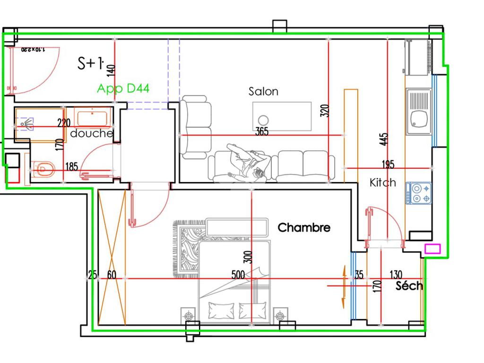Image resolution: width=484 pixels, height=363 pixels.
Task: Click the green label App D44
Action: point(123,88)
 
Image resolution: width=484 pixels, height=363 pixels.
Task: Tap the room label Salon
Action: point(263,91)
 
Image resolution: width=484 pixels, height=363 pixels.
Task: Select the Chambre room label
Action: point(304,227)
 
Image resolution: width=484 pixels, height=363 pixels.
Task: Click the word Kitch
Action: point(383,182)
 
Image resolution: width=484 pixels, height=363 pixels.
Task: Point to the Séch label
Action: point(409,285)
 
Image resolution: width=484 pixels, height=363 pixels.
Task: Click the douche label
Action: point(92,134)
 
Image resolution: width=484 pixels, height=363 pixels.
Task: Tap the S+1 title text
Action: point(90,63)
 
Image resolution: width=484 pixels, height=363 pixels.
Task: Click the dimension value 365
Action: point(261,132)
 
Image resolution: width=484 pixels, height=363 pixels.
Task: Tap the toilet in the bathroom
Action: point(44,167)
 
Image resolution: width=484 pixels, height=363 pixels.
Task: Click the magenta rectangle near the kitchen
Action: point(432,249)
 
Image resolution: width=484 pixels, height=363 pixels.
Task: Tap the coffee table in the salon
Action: point(282,117)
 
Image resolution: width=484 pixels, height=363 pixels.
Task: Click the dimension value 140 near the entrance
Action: point(111,70)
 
